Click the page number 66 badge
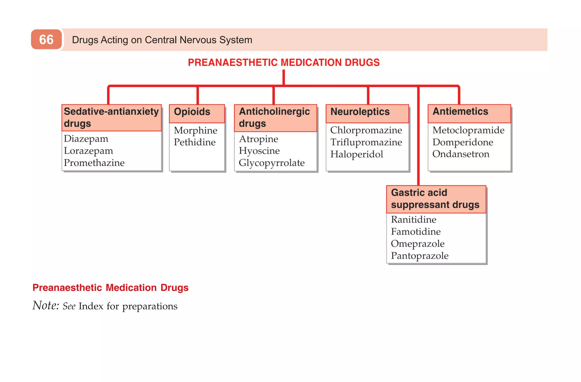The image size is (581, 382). (46, 39)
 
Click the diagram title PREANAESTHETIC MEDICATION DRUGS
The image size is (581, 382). (284, 63)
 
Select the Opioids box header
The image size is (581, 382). (192, 112)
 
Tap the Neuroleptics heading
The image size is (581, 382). (360, 112)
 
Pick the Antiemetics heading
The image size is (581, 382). (460, 112)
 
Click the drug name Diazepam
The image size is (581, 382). (86, 139)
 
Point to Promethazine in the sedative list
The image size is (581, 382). (94, 163)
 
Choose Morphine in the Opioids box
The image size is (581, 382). (195, 131)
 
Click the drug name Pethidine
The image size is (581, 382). (195, 142)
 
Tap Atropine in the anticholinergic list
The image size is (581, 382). (258, 139)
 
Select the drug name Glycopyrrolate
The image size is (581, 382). (271, 163)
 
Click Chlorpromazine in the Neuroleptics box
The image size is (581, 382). (366, 130)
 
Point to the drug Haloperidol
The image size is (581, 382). (357, 154)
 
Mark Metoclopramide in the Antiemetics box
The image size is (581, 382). (468, 130)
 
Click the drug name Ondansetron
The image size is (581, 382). (461, 154)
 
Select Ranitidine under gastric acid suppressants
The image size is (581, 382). (413, 220)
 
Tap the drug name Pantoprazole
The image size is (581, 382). (420, 256)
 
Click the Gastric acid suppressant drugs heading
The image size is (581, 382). (435, 199)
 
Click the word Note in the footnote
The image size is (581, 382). (45, 306)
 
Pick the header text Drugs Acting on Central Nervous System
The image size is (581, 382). (162, 40)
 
